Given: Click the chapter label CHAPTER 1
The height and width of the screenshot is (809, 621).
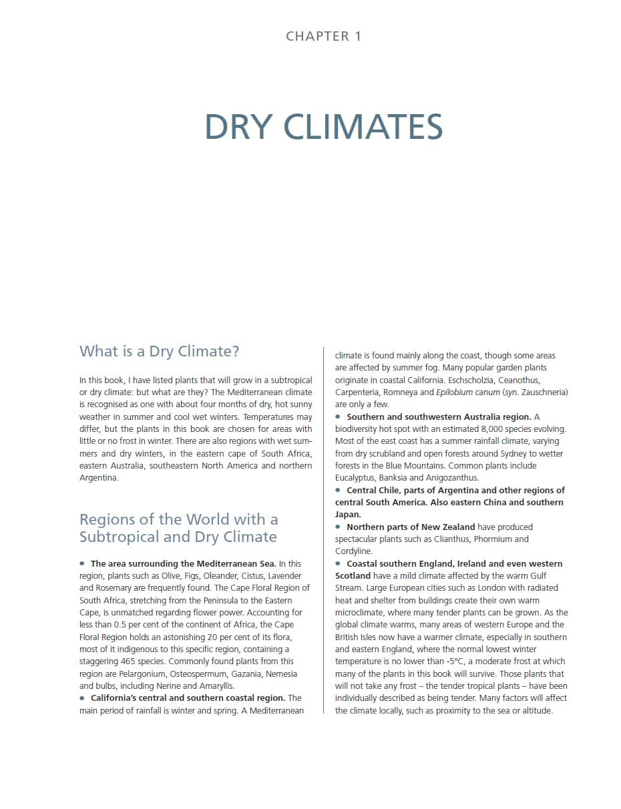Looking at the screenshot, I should [x=323, y=36].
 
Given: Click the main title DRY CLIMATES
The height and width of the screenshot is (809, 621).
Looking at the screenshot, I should [x=323, y=127].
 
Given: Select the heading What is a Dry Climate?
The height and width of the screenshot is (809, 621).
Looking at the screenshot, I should [x=159, y=351].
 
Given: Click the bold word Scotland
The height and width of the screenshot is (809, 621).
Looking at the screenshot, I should [x=353, y=575].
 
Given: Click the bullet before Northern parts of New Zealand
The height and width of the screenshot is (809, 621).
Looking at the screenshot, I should [x=339, y=527].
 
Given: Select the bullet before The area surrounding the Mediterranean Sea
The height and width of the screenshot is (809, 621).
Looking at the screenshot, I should [x=82, y=563].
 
